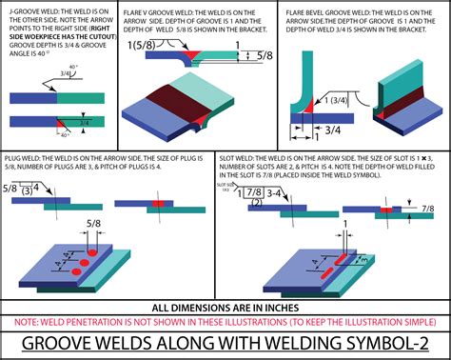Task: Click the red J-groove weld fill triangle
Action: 62,124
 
